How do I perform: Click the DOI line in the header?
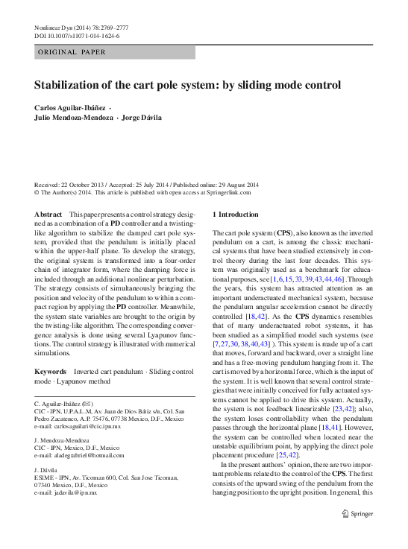77,36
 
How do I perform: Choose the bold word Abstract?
48,214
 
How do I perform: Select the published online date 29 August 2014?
232,185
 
